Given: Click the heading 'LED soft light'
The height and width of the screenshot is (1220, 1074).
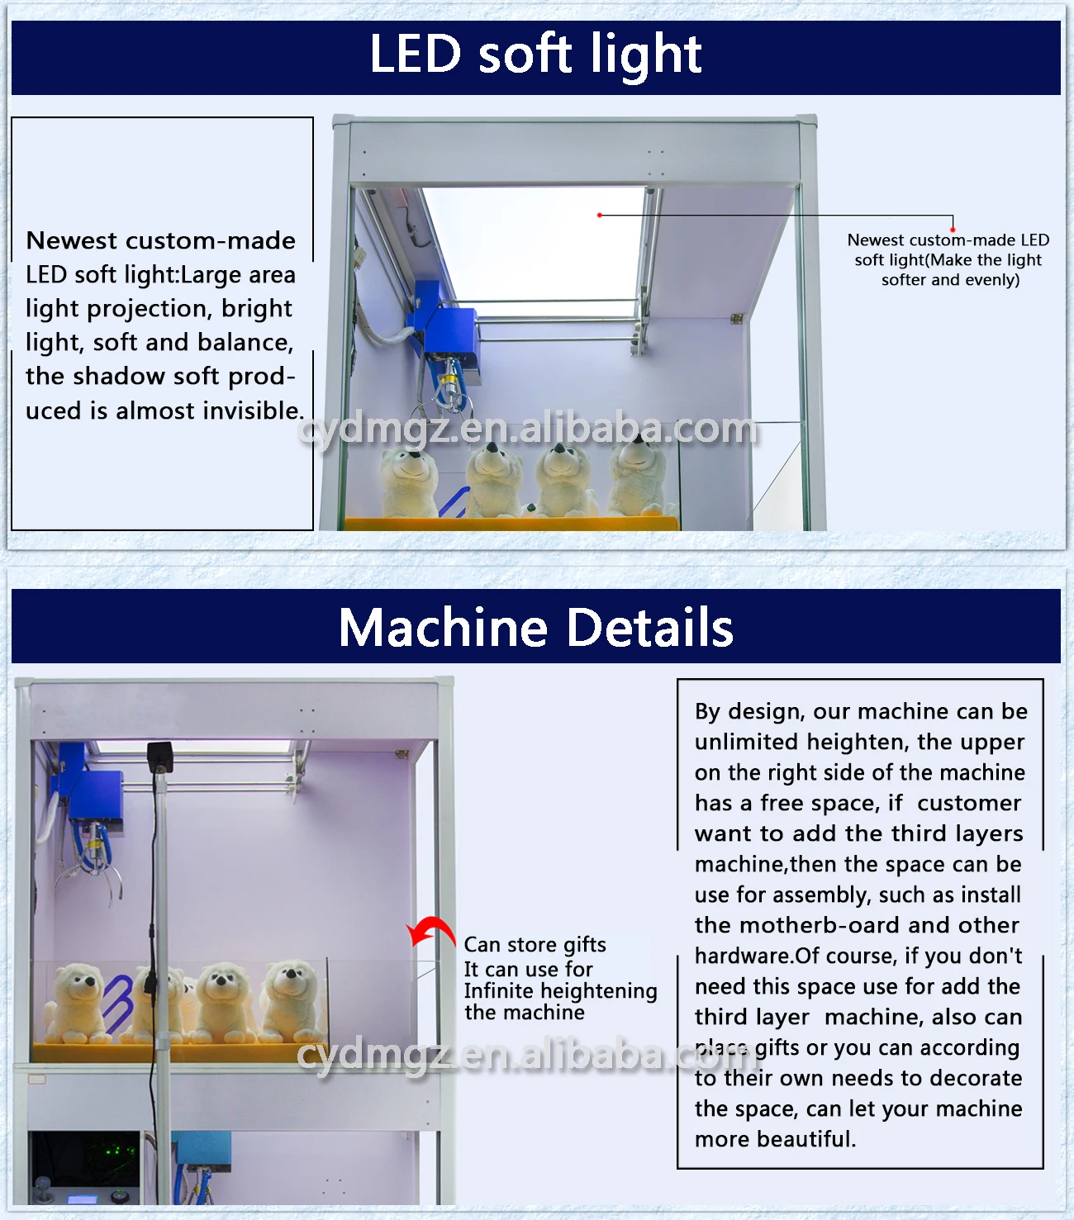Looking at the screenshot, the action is pos(535,55).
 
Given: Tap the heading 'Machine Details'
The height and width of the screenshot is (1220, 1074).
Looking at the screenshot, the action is pos(535,627).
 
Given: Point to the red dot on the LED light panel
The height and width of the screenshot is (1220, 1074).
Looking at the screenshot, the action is pos(599,215).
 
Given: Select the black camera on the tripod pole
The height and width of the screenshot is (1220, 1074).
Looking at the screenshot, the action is pos(160,757).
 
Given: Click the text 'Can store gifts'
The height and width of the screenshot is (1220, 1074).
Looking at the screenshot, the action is pos(535,945).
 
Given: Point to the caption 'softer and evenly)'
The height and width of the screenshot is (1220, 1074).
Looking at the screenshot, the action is pos(950,280).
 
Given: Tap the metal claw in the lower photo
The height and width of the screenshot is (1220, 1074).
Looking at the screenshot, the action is pos(93,876).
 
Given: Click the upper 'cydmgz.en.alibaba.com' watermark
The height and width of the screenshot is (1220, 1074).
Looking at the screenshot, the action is pos(528,429).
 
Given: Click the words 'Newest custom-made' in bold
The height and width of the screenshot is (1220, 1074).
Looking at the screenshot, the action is pos(161,240).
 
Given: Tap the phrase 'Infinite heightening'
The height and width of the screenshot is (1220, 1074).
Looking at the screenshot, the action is pos(560,990).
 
